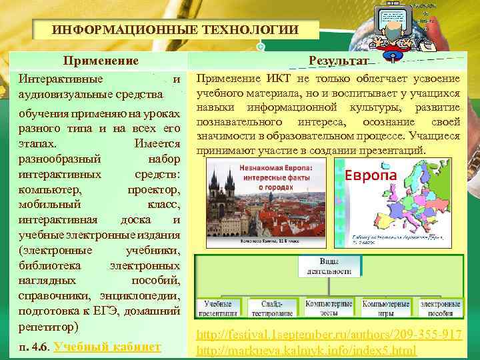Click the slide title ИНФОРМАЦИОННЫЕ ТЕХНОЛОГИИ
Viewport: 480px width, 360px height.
tap(175, 31)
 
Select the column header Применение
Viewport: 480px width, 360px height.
tap(101, 61)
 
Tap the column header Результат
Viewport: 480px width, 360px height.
tap(339, 61)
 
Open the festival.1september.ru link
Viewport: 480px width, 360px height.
tap(335, 336)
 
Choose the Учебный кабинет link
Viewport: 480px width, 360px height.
tap(107, 346)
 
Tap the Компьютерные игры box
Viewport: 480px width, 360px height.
tap(385, 307)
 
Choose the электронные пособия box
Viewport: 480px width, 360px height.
tap(440, 307)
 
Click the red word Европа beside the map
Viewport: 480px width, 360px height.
tap(370, 175)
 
